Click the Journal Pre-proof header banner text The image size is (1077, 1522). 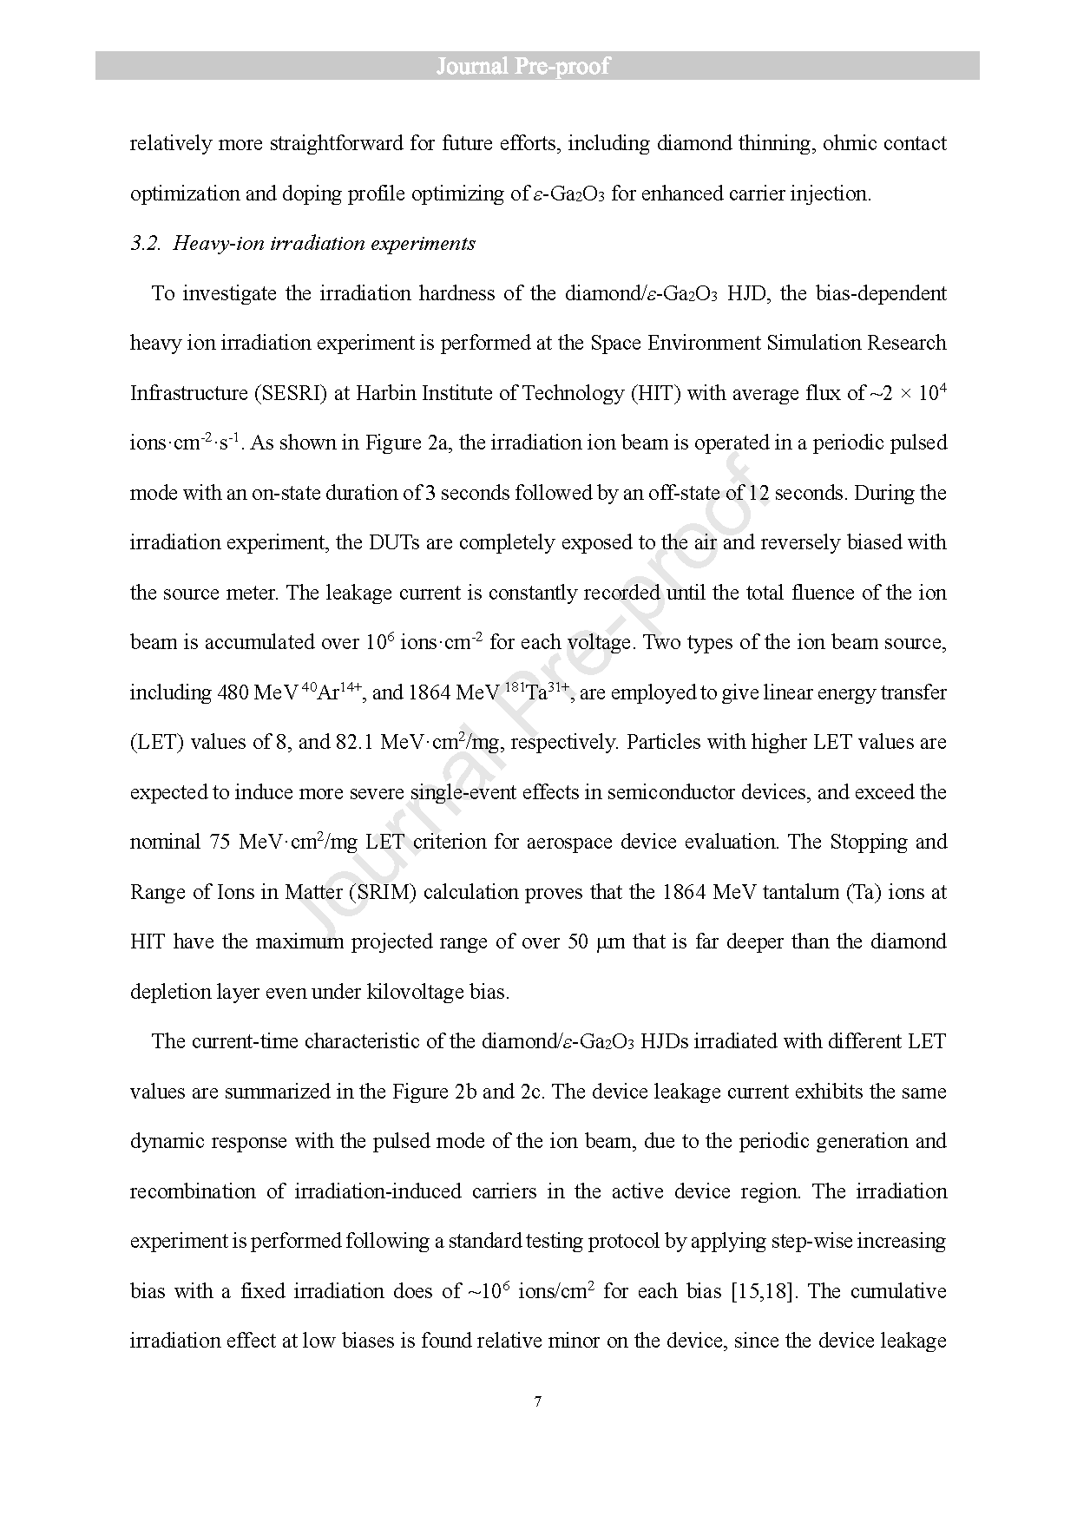tap(523, 67)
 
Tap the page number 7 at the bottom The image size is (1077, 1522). tap(538, 1401)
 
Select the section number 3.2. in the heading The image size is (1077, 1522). tap(146, 244)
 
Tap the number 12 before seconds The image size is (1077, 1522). tap(759, 494)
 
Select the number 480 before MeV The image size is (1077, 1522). tap(232, 693)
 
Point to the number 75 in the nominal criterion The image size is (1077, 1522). tap(220, 843)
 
